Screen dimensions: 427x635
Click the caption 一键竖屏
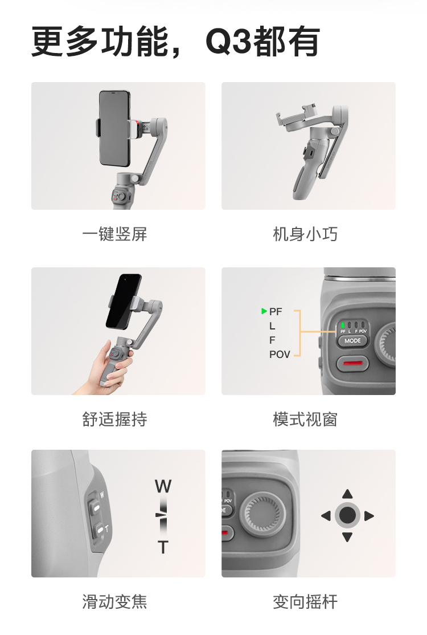tap(114, 234)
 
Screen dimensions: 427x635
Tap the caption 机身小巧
tap(305, 234)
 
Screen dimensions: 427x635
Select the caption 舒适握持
tap(114, 419)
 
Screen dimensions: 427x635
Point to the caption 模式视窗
tap(305, 419)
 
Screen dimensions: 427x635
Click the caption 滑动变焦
tap(114, 601)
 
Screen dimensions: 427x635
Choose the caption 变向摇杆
tap(305, 601)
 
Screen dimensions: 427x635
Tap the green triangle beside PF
tap(264, 311)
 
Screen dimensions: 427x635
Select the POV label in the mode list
tap(280, 355)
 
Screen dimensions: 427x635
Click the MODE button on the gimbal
tap(352, 340)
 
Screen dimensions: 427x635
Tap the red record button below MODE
tap(352, 363)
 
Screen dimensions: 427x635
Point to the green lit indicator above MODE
tap(343, 325)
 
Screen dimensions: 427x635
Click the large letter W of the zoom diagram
tap(163, 486)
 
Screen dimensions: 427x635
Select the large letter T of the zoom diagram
tap(163, 547)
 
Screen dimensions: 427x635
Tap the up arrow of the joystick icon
tap(347, 494)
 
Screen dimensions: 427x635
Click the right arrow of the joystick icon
tap(369, 516)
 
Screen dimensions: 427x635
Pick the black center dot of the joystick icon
tap(347, 515)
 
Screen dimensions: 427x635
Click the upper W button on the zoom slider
tap(96, 506)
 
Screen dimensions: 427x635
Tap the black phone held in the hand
tap(124, 302)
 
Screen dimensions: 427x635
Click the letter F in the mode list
tap(272, 340)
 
